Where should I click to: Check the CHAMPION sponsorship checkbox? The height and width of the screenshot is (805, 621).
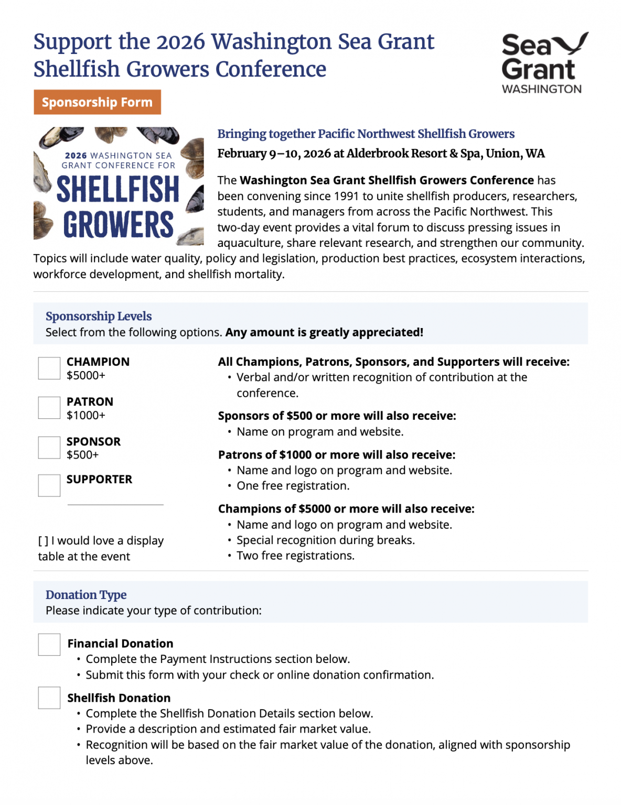click(49, 368)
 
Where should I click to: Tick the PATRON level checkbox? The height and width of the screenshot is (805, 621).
click(49, 408)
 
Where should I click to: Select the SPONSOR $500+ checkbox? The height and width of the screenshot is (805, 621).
click(49, 448)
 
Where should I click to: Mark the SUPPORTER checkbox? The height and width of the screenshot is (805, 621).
click(49, 485)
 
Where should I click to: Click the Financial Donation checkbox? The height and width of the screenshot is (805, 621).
click(49, 645)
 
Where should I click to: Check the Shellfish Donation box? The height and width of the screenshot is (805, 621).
click(49, 698)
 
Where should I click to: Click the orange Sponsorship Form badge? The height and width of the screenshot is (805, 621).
click(97, 102)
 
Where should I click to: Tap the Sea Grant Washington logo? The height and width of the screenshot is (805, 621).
click(544, 63)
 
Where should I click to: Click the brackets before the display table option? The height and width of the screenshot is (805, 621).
click(43, 541)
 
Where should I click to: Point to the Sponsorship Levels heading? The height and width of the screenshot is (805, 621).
click(99, 317)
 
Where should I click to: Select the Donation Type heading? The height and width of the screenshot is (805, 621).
click(86, 595)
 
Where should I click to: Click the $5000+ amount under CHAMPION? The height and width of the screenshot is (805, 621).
click(86, 375)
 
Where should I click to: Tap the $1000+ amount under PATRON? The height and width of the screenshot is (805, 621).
click(86, 415)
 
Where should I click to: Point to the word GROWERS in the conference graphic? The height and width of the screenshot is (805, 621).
click(119, 225)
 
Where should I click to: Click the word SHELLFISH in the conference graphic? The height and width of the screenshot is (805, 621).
click(118, 189)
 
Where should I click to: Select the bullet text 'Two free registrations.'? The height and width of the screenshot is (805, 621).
click(295, 556)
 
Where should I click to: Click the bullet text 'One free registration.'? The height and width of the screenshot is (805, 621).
click(293, 486)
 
